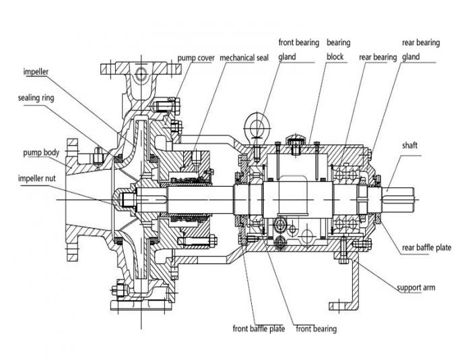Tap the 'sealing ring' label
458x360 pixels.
(36, 98)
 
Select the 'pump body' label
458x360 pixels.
(41, 152)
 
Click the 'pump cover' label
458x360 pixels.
(196, 58)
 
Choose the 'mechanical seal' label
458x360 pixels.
(244, 58)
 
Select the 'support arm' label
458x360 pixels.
(416, 288)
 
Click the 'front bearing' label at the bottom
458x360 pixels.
(316, 329)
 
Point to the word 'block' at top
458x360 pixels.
(337, 57)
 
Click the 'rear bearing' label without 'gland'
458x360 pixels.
(377, 58)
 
